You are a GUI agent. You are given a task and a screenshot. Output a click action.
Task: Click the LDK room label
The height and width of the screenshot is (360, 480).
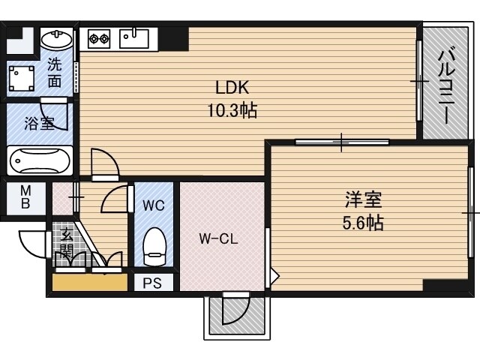tap(232, 88)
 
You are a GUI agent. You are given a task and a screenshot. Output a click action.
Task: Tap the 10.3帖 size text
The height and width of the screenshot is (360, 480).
tap(232, 110)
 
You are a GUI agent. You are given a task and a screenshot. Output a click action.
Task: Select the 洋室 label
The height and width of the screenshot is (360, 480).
tap(363, 199)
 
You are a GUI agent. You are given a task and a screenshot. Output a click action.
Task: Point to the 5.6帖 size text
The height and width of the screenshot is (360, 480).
tap(363, 223)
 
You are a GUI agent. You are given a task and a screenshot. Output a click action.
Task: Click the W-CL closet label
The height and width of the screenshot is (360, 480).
tap(218, 238)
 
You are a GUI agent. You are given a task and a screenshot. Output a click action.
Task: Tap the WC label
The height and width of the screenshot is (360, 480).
tap(154, 205)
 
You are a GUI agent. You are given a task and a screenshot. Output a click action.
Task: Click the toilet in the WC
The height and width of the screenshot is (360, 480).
tap(154, 247)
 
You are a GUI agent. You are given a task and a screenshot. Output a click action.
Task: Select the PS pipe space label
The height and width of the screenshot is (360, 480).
tap(152, 283)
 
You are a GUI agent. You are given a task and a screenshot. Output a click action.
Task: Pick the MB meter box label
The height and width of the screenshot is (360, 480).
tap(25, 197)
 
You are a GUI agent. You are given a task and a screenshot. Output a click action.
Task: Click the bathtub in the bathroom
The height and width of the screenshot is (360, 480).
tap(39, 160)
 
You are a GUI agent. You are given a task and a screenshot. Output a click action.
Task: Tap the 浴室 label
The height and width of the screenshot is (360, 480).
tap(40, 124)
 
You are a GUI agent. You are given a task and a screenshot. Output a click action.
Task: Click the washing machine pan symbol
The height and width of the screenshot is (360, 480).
tap(22, 78)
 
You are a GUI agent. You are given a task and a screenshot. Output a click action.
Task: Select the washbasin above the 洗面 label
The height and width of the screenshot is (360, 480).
tap(57, 39)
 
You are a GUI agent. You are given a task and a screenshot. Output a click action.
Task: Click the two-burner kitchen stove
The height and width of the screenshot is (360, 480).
tap(99, 38)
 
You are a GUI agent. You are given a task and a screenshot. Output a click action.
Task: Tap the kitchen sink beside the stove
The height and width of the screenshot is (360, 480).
tap(134, 38)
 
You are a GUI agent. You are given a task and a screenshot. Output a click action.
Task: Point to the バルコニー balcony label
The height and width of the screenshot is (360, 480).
tap(446, 86)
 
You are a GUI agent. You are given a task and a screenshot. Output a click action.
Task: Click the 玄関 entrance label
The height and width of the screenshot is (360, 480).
tap(66, 244)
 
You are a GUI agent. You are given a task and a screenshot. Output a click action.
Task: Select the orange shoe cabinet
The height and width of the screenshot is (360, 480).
tap(90, 282)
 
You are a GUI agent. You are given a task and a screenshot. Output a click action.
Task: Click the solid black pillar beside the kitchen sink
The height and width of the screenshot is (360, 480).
tap(173, 39)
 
